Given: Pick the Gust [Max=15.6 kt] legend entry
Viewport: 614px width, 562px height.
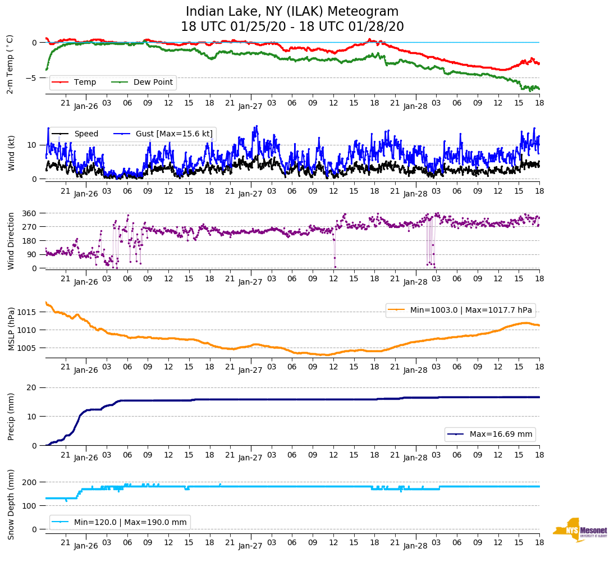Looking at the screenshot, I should click(x=174, y=134).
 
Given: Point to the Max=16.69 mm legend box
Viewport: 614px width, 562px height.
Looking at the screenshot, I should click(x=490, y=434).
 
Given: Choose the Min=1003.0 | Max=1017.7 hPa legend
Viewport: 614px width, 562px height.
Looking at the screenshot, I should click(x=460, y=310).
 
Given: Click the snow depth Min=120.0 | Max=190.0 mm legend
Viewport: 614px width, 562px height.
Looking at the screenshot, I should click(x=120, y=522).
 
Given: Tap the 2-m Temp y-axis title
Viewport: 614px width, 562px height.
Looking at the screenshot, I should click(x=10, y=64).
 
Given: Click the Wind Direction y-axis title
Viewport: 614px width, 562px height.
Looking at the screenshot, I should click(x=11, y=240).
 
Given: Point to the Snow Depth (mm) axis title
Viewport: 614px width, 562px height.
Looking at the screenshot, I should click(x=11, y=504).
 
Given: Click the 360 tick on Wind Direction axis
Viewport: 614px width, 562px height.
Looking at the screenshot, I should click(x=29, y=213).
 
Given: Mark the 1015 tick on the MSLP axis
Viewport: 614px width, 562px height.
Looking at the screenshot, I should click(x=28, y=312).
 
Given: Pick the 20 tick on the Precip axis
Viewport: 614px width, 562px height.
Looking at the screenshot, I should click(x=33, y=387).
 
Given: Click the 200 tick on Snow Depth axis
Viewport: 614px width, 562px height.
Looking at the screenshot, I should click(x=30, y=482).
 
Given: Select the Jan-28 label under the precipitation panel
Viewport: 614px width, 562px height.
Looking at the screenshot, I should click(x=415, y=458).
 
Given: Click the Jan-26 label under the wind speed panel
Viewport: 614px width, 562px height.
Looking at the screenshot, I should click(x=86, y=194).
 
